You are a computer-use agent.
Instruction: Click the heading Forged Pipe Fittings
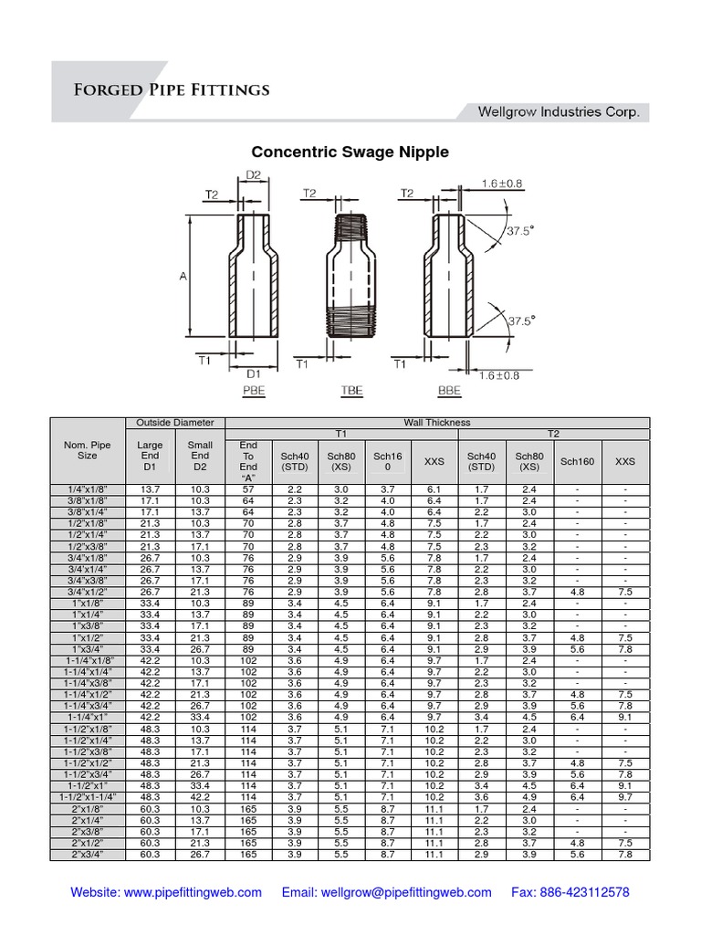click(x=172, y=89)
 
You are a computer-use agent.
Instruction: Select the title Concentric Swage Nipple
click(x=350, y=152)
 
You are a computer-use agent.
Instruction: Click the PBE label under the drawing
click(x=253, y=391)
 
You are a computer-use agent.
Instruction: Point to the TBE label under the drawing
click(x=351, y=391)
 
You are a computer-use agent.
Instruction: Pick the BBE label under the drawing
click(x=450, y=391)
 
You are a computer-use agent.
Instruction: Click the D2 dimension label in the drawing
click(x=253, y=175)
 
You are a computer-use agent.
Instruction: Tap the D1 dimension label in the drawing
click(x=253, y=373)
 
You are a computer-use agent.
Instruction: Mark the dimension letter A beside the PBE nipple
click(x=183, y=276)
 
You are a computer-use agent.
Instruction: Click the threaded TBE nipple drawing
click(x=350, y=278)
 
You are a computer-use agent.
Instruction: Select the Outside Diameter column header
click(x=174, y=423)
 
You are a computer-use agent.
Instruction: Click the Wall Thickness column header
click(x=437, y=423)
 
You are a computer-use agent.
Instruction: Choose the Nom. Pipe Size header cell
click(x=87, y=449)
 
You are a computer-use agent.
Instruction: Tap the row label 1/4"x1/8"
click(x=87, y=490)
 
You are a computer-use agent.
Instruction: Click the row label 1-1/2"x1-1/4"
click(x=87, y=797)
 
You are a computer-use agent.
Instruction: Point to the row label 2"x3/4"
click(x=87, y=855)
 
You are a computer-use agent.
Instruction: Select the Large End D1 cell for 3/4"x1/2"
click(x=150, y=592)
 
